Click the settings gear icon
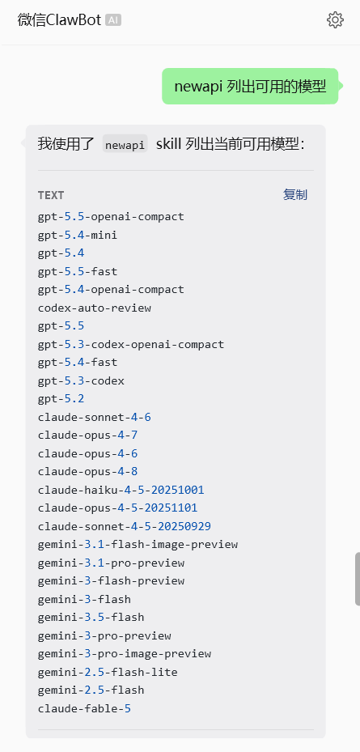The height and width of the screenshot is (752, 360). [x=335, y=19]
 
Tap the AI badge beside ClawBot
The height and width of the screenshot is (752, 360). [x=113, y=19]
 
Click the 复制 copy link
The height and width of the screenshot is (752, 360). [x=294, y=195]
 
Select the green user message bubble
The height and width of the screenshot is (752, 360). [x=250, y=87]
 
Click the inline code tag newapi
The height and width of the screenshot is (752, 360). [x=125, y=144]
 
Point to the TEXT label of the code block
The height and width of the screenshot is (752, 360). [x=51, y=195]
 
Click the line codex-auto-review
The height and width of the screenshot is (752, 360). [x=95, y=308]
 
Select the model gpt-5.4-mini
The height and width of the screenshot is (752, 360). [x=78, y=235]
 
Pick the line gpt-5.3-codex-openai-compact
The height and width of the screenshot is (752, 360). [x=131, y=344]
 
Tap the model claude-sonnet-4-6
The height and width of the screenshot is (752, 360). [x=95, y=417]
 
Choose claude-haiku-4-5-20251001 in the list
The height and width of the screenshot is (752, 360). [x=121, y=491]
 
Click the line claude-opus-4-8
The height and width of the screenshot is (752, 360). [x=87, y=472]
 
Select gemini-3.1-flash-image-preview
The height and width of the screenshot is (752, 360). [x=138, y=545]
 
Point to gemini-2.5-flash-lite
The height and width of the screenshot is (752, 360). [x=108, y=673]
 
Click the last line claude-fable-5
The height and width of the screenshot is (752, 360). [x=84, y=709]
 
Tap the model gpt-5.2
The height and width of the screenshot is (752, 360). [x=61, y=399]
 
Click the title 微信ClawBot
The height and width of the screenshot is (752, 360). [x=59, y=20]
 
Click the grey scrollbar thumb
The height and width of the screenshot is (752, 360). [x=358, y=579]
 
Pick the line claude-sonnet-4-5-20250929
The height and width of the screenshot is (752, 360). [x=124, y=527]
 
